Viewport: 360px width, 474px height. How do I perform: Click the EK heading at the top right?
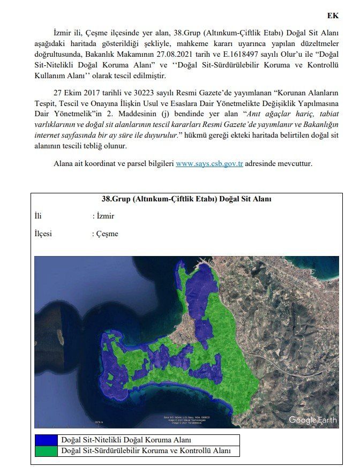(333, 16)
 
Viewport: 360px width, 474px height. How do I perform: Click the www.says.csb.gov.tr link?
(209, 163)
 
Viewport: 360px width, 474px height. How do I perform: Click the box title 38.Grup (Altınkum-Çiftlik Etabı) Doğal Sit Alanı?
(186, 199)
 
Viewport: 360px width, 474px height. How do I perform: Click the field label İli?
(37, 216)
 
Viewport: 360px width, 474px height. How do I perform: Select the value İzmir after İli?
(105, 216)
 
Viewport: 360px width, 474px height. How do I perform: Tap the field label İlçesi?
(43, 234)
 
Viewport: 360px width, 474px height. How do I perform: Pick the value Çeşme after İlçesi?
(107, 234)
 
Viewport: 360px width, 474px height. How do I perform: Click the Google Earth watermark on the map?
(313, 419)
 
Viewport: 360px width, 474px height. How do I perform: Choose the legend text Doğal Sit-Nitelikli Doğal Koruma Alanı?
(126, 440)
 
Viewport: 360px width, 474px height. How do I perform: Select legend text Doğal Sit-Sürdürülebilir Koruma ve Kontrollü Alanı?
(146, 451)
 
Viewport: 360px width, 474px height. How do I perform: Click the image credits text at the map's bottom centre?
(186, 419)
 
